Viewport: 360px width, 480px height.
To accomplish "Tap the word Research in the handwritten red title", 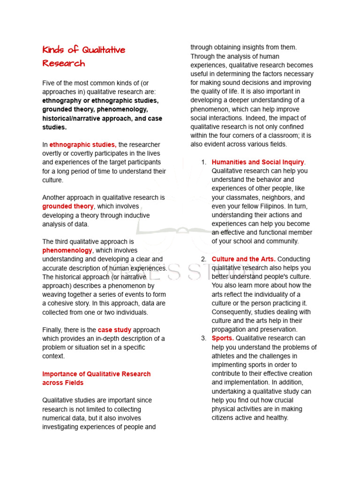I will (x=64, y=63).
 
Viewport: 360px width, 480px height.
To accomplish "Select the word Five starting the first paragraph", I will (x=49, y=83).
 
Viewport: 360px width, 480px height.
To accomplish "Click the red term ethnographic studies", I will (x=83, y=145).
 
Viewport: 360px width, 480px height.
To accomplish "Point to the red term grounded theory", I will (x=68, y=207).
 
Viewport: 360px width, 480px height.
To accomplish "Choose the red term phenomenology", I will (x=67, y=250).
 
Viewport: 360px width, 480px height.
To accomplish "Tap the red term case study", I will (x=114, y=330).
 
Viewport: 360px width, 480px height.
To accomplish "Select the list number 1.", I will (x=203, y=162).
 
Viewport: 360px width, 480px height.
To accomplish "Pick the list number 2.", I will (x=203, y=259).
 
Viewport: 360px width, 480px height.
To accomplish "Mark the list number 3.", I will (x=203, y=338).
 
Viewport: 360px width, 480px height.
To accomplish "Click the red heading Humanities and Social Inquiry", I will (x=258, y=162).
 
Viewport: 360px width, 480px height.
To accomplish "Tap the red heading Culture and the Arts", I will (x=243, y=259).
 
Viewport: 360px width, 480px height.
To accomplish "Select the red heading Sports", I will (x=223, y=338).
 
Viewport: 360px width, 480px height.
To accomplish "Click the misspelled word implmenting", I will (x=231, y=365).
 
